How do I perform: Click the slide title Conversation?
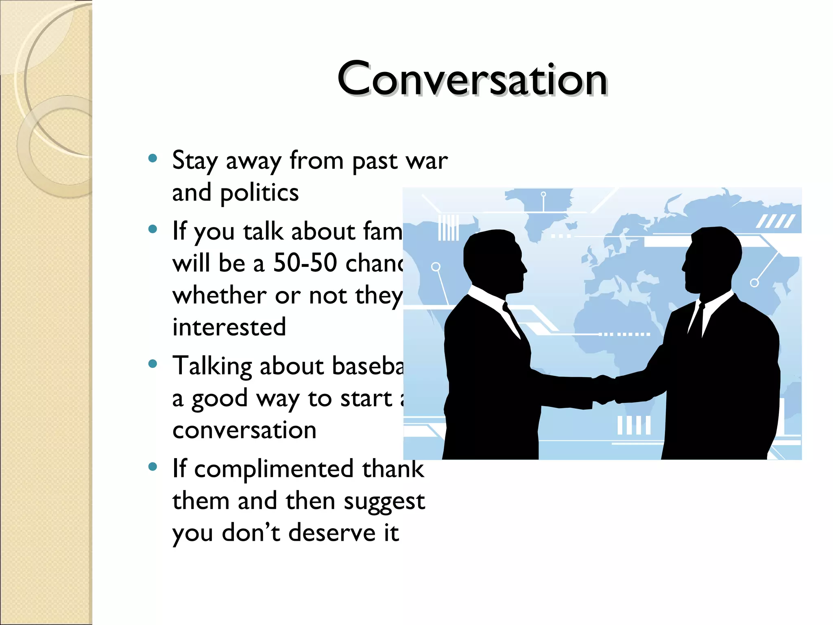(472, 79)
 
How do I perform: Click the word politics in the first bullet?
(259, 192)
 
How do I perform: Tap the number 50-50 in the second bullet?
(305, 263)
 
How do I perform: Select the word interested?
(229, 327)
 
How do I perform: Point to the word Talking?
(212, 366)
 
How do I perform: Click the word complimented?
(273, 469)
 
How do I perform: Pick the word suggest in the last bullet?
(384, 501)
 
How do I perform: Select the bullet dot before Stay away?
(153, 158)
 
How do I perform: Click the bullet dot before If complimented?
(153, 466)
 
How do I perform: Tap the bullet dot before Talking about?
(153, 364)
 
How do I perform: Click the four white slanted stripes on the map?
(775, 221)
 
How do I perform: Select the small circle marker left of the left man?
(436, 267)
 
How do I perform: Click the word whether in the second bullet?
(219, 295)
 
